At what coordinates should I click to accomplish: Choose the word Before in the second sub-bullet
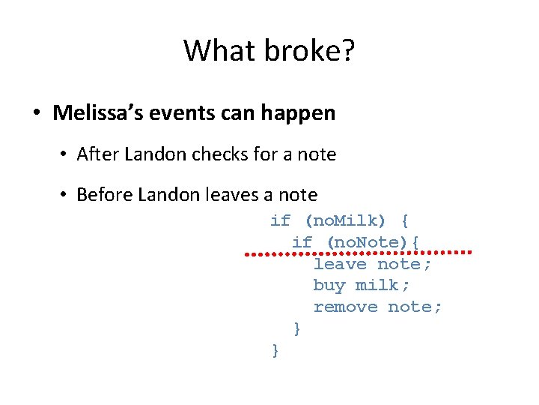point(101,195)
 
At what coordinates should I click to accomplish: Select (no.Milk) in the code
point(345,220)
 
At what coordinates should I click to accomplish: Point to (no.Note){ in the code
point(372,242)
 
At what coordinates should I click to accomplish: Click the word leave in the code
point(340,264)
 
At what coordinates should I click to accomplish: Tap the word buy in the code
point(329,286)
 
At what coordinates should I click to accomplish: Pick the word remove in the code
point(345,307)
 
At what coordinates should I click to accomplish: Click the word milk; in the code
point(383,286)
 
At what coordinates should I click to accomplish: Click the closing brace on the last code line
point(275,350)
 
